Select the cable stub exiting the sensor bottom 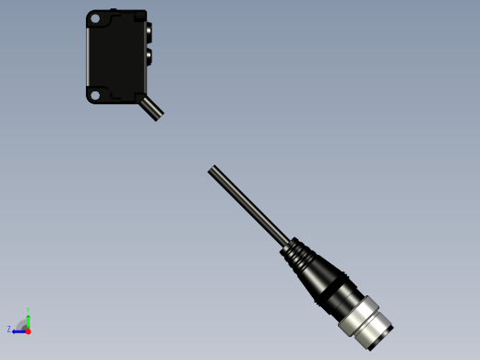[150, 108]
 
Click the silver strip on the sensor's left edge [89, 55]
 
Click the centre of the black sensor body [116, 55]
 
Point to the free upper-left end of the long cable [212, 169]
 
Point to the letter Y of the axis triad [28, 310]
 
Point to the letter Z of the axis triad [9, 330]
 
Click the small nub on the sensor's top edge [113, 11]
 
